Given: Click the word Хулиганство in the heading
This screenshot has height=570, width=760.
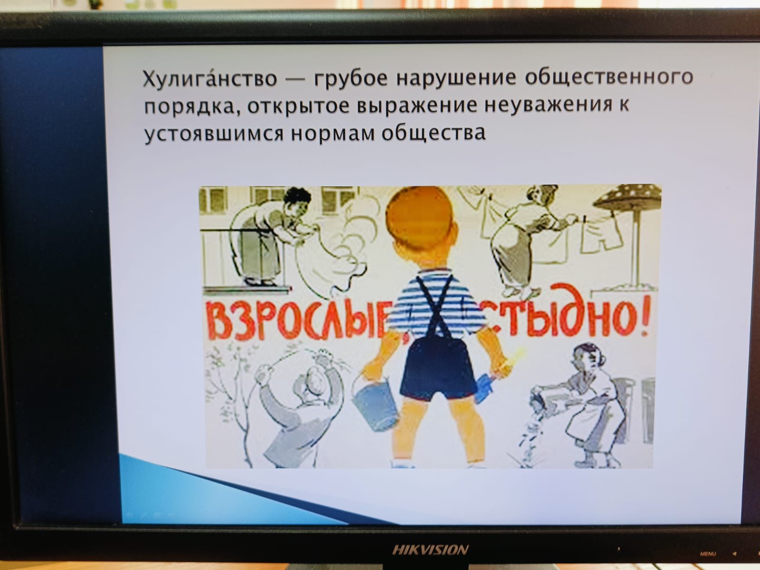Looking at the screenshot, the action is tap(210, 78).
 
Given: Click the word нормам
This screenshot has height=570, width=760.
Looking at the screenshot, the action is tap(333, 133).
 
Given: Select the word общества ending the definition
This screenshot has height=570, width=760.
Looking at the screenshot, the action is tap(434, 133).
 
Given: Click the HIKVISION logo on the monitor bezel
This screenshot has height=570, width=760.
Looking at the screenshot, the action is tap(430, 550).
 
